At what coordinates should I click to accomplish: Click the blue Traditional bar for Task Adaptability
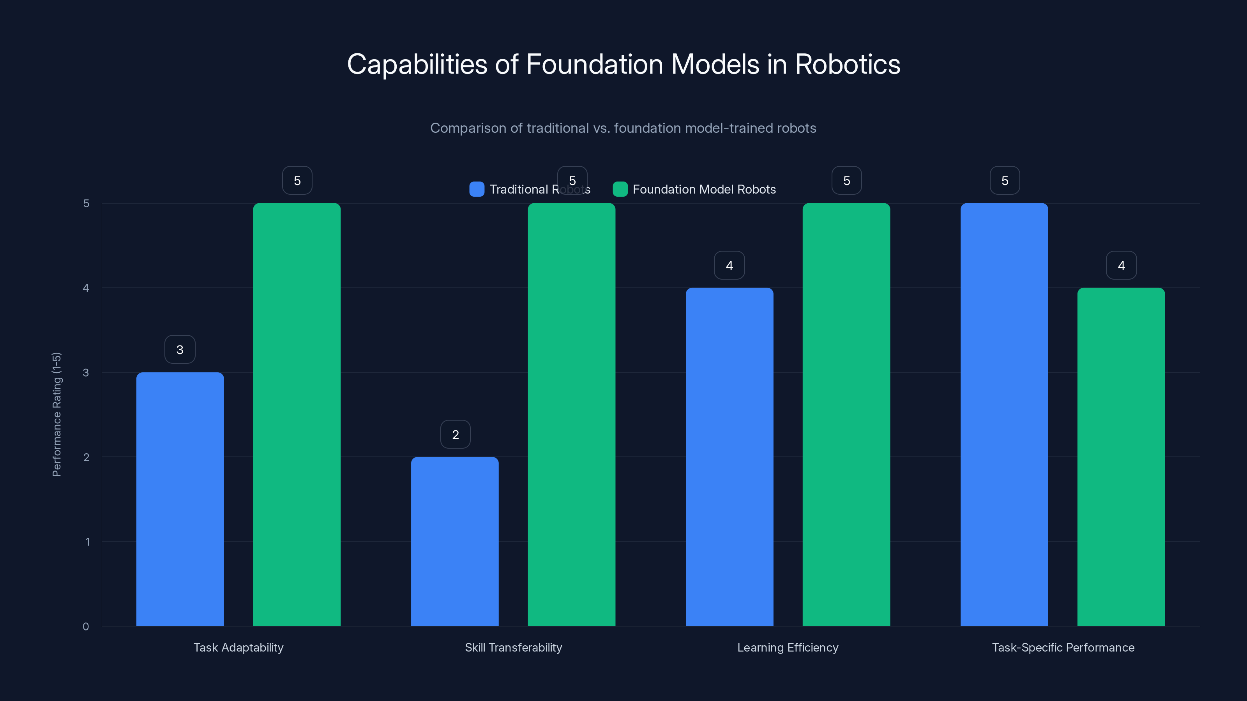click(x=180, y=499)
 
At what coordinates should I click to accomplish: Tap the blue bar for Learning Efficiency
click(x=729, y=457)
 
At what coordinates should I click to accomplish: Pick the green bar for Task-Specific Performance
click(x=1121, y=457)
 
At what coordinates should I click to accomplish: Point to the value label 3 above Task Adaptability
click(x=180, y=350)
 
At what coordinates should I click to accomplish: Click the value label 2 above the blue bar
click(x=455, y=435)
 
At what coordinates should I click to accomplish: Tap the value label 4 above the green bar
click(x=1121, y=266)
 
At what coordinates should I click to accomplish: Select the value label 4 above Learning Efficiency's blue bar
click(x=729, y=266)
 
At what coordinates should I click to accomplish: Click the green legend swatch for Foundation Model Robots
click(x=620, y=189)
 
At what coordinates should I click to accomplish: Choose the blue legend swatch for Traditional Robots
click(x=477, y=189)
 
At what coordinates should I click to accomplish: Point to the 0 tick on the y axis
click(x=86, y=627)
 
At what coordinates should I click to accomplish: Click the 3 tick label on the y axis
click(x=86, y=373)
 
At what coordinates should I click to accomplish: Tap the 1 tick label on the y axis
click(x=87, y=542)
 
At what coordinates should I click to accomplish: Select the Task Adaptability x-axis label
click(x=238, y=647)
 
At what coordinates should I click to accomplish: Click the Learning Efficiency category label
click(x=788, y=647)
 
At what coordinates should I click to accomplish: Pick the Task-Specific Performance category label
click(x=1063, y=647)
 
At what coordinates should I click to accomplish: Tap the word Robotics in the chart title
click(x=847, y=64)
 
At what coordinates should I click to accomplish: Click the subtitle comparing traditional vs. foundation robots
click(x=623, y=128)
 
